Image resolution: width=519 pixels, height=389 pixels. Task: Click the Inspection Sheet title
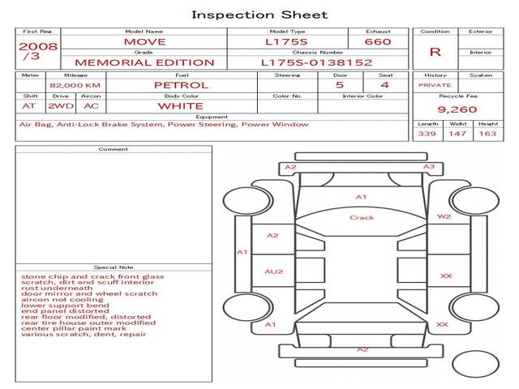[x=259, y=15]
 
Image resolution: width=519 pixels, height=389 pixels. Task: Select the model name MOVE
[x=144, y=42]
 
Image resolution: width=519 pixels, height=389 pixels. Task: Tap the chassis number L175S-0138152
[x=317, y=62]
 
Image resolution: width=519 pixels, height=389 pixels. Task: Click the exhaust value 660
[x=378, y=41]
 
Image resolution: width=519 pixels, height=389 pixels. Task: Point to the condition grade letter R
[x=435, y=52]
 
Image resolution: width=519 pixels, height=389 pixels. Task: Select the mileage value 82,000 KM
[x=75, y=85]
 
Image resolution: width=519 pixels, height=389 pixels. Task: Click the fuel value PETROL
[x=182, y=85]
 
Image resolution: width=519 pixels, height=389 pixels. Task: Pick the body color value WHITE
[x=180, y=106]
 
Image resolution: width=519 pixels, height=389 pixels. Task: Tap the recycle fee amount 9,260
[x=457, y=109]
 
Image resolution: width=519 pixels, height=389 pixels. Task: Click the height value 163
[x=487, y=134]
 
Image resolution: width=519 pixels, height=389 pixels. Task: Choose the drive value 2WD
[x=61, y=106]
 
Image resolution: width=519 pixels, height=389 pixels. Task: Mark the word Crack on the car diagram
[x=362, y=218]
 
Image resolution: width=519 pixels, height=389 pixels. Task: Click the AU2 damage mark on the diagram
[x=274, y=272]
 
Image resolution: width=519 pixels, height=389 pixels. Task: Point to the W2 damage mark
[x=444, y=216]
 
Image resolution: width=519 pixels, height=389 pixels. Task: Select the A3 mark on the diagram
[x=429, y=166]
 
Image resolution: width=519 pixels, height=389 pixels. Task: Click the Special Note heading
[x=114, y=267]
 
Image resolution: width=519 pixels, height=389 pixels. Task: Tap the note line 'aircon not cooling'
[x=62, y=300]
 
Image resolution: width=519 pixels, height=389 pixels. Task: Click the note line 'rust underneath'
[x=57, y=289]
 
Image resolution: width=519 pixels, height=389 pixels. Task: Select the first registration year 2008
[x=38, y=46]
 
